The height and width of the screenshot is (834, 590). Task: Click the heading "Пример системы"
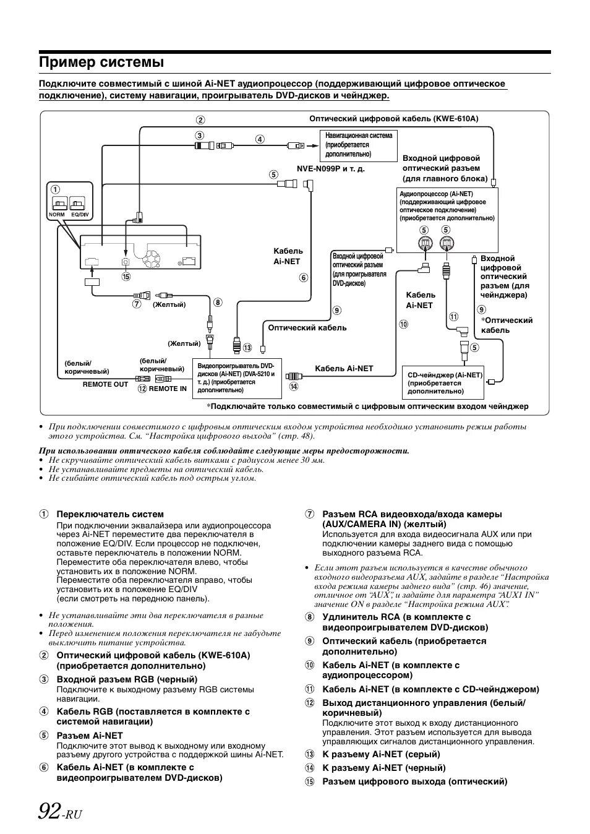101,62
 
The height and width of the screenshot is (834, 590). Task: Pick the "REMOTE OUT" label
105,384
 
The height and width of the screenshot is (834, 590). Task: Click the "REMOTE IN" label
168,389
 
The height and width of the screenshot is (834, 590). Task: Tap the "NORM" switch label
57,215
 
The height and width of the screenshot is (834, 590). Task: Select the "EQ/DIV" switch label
80,215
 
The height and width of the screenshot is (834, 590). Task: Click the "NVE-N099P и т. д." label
331,169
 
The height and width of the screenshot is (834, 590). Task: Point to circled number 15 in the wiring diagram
126,277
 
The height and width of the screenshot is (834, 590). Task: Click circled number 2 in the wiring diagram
200,121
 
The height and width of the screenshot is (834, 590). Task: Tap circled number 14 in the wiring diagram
293,387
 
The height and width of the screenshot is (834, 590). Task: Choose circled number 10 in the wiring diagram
403,324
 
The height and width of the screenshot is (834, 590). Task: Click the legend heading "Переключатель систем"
110,514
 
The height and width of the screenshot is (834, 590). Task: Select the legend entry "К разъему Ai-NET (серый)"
381,754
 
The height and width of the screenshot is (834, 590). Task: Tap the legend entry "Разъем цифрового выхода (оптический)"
414,781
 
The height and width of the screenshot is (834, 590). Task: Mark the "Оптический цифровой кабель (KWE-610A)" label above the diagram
394,119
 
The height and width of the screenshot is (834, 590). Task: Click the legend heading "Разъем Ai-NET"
90,736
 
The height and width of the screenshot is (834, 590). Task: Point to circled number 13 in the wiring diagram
247,348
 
